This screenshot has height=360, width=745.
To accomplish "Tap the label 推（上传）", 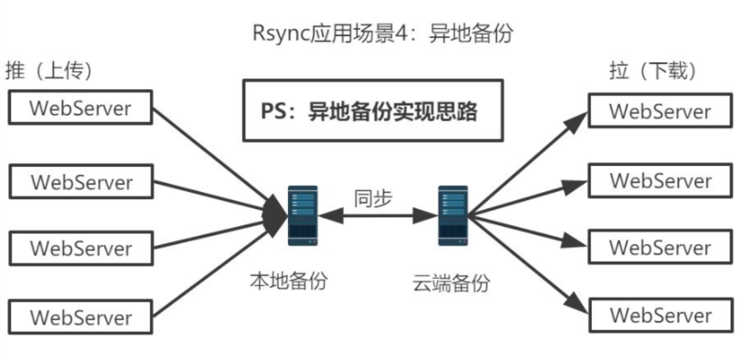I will point(49,70).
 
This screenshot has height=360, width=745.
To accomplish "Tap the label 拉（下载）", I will point(653,70).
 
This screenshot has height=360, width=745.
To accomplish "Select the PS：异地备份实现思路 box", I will point(373,110).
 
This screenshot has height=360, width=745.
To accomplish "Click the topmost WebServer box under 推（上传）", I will point(80,107).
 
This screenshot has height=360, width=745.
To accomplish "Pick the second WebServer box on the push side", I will point(81,182).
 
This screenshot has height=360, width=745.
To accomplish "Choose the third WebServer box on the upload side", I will point(81,249).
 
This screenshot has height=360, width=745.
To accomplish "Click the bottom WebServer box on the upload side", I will point(80,317).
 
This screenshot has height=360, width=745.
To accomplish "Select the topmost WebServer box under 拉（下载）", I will point(660,111).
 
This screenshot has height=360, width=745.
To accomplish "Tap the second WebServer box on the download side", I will point(660,181).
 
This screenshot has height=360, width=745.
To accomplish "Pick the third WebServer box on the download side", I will point(660,247).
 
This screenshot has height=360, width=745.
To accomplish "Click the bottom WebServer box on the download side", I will point(661,315).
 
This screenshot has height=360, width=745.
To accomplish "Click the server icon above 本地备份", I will point(303,216).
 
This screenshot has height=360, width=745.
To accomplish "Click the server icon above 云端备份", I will point(453,216).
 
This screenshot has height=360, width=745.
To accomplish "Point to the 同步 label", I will point(373,198).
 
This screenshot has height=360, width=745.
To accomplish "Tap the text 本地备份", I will point(288,281).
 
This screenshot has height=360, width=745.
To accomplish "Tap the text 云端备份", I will point(451,283).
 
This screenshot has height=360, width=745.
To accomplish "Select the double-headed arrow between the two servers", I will point(378,216).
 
